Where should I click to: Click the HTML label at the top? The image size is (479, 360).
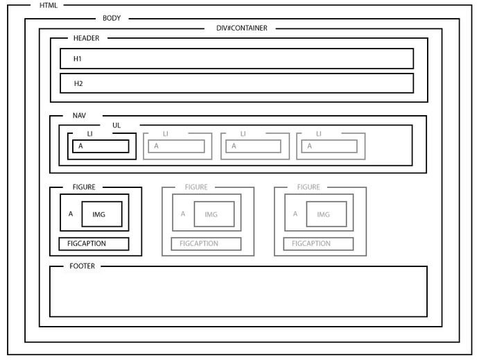coord(49,6)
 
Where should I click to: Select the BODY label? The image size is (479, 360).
coord(112,18)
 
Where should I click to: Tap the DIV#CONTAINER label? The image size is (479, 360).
coord(241,28)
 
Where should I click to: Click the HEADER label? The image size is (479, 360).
coord(86,37)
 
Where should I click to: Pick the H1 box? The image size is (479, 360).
coord(236,59)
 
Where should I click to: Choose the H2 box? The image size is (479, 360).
coord(236,83)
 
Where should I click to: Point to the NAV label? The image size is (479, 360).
coord(79,115)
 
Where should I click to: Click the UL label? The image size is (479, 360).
coord(116,126)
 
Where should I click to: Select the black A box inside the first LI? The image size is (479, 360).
coord(101,146)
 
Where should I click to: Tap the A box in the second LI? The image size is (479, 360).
coord(177,146)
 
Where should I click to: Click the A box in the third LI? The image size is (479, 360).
coord(253,146)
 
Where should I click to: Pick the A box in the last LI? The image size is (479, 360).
coord(329,146)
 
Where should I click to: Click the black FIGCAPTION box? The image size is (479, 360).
coord(94,244)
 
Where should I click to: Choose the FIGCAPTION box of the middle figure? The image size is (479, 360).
coord(206,244)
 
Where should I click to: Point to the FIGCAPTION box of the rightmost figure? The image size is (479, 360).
coord(318,244)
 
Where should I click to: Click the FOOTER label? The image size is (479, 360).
coord(82,266)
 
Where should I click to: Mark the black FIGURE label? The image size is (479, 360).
coord(84,187)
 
